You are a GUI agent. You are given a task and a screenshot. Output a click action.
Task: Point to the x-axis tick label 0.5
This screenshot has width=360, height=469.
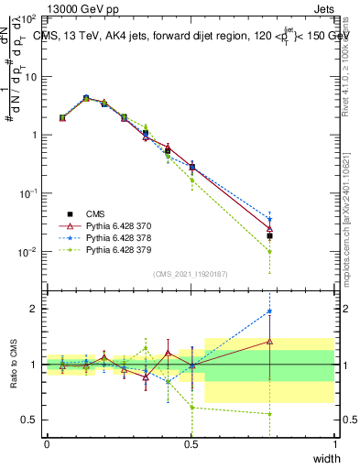191,444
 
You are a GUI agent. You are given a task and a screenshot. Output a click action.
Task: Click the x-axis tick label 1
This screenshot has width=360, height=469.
334,444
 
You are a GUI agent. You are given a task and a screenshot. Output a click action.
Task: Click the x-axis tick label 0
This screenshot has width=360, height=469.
47,444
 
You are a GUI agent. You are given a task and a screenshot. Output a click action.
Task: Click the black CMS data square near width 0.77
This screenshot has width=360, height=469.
269,235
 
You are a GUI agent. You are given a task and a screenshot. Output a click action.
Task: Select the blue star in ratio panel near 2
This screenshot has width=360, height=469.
269,311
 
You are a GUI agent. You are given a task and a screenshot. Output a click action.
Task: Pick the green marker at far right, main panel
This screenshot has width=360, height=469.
269,251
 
